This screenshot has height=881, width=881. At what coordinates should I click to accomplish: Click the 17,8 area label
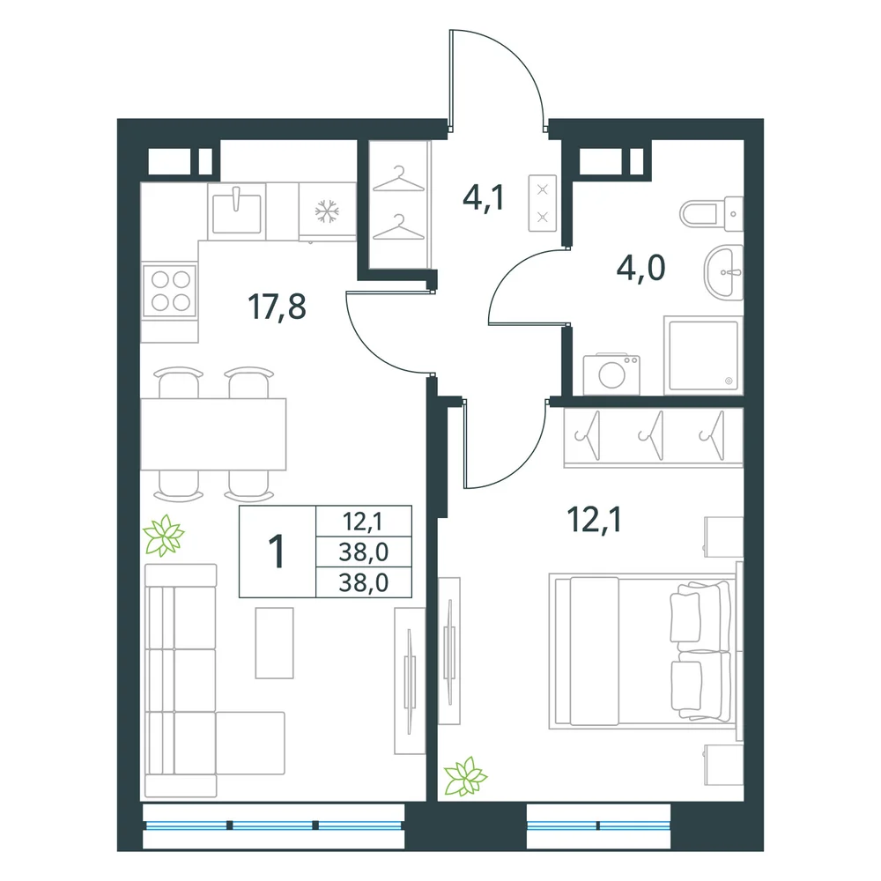[x=277, y=307]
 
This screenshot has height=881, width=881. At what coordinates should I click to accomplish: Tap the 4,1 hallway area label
[x=483, y=198]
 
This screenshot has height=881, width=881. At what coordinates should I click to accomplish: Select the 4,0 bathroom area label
[x=641, y=268]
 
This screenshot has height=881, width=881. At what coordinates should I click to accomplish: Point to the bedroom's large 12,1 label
[x=595, y=519]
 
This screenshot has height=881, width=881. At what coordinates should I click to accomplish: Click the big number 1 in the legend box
[x=277, y=552]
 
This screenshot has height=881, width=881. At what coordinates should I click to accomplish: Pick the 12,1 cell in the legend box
[x=363, y=522]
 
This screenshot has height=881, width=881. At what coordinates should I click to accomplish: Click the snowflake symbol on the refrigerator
[x=327, y=211]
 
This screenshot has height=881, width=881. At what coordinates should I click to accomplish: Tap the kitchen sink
[x=236, y=211]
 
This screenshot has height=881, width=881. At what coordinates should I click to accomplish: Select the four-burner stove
[x=170, y=291]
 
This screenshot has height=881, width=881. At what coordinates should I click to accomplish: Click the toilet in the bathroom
[x=711, y=214]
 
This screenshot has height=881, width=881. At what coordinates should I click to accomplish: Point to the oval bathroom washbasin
[x=723, y=272]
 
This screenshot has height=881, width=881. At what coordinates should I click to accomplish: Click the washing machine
[x=611, y=374]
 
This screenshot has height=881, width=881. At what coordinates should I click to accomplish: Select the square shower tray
[x=703, y=356]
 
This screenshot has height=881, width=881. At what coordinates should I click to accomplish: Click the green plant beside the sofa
[x=164, y=536]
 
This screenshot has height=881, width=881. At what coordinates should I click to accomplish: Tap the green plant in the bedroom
[x=465, y=776]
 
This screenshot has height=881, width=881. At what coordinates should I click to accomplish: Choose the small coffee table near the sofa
[x=275, y=643]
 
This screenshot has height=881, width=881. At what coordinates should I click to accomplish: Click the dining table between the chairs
[x=213, y=433]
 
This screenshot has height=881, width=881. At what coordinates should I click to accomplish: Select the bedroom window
[x=598, y=825]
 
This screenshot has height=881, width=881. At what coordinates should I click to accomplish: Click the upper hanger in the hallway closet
[x=399, y=179]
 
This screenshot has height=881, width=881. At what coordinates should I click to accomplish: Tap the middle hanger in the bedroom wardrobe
[x=652, y=435]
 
